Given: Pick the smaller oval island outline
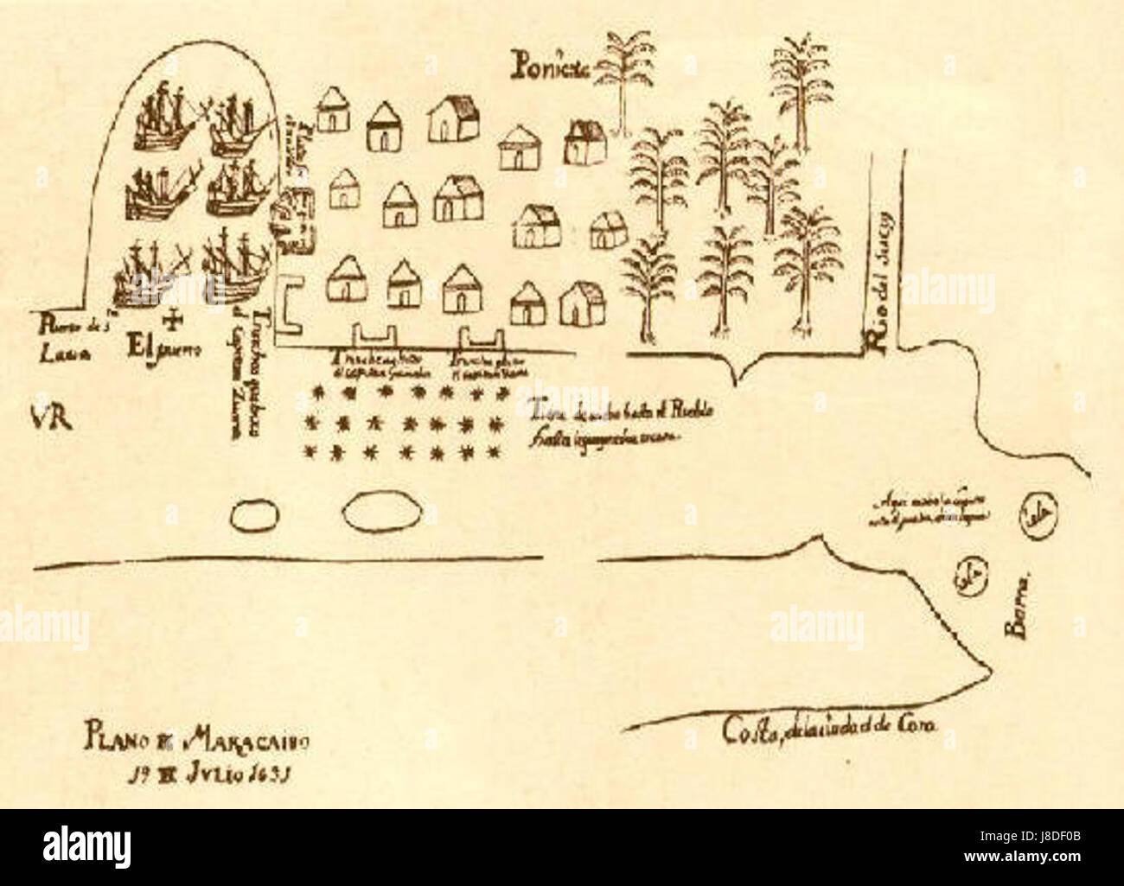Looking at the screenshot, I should point(257,516).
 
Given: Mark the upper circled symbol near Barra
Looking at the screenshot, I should point(1033,516).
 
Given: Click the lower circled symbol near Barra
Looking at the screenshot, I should point(968,580).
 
